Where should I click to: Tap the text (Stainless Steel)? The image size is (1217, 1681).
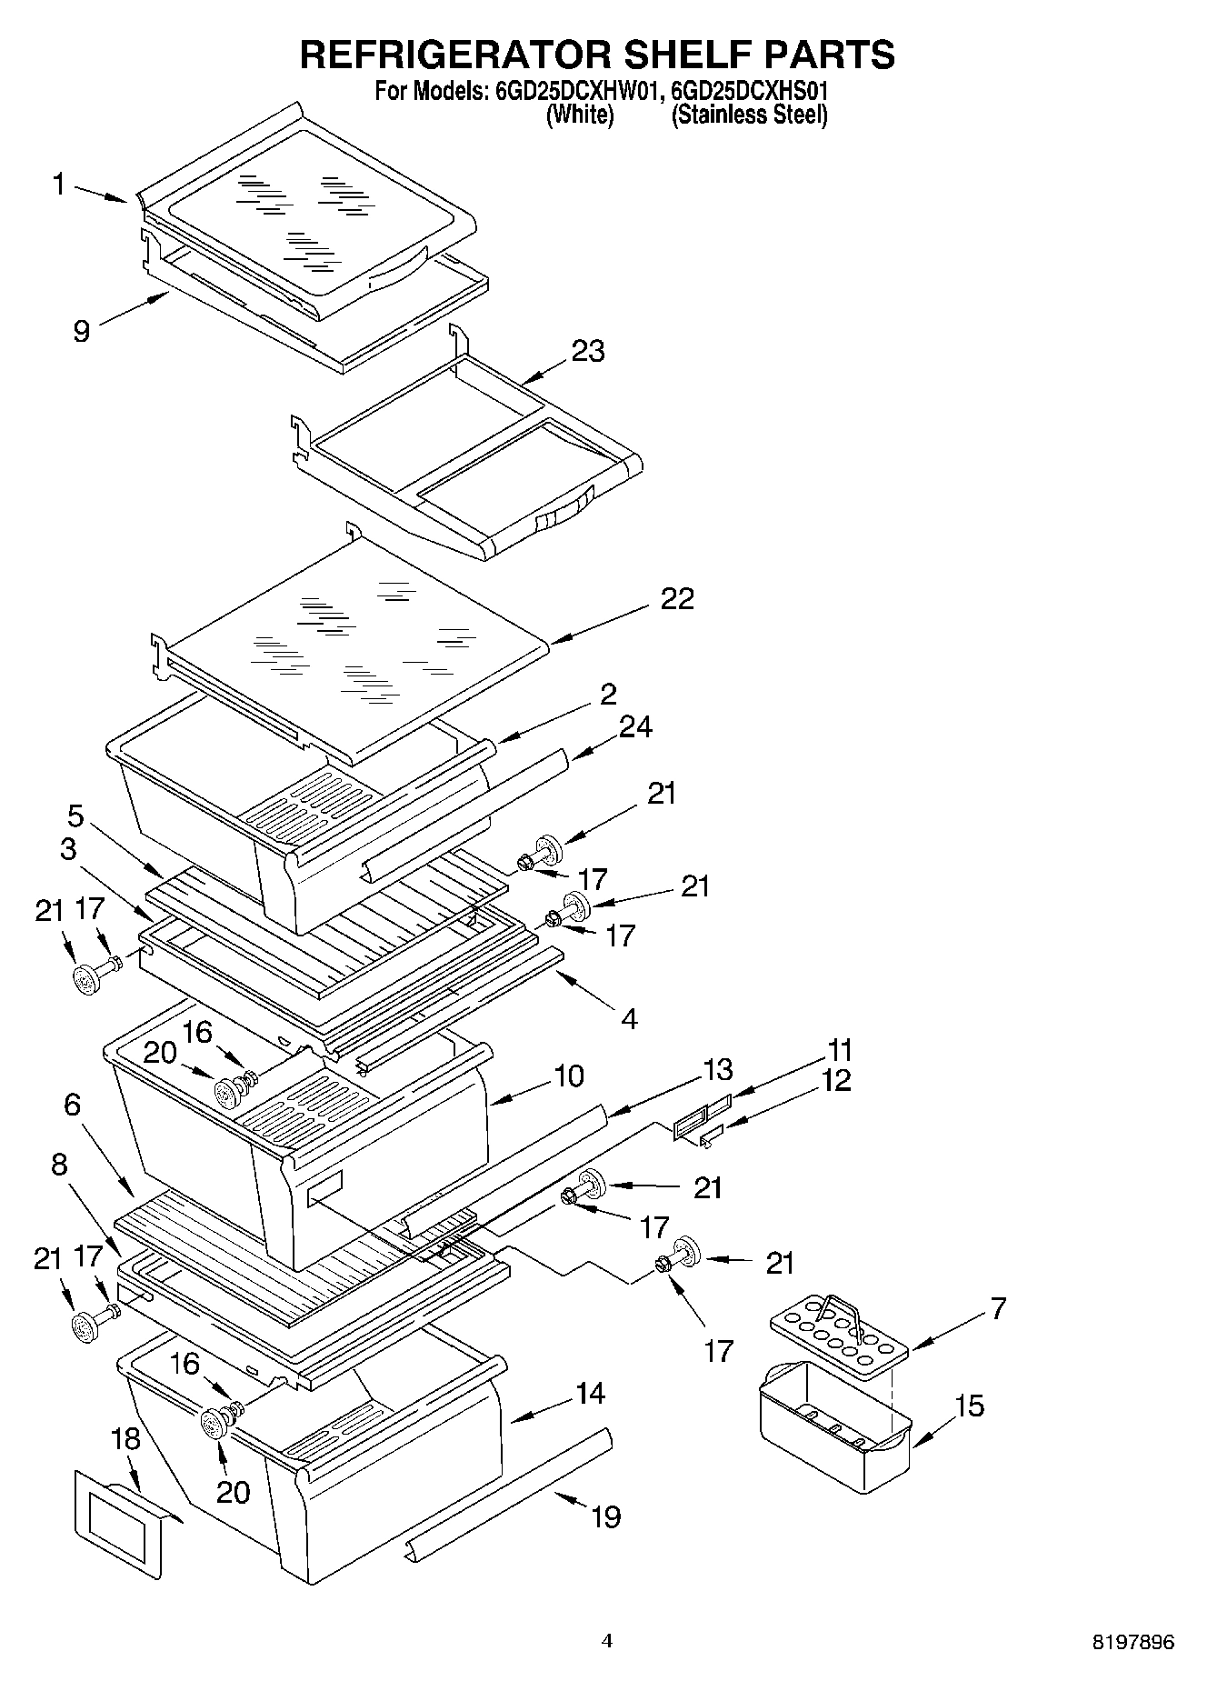click(x=749, y=115)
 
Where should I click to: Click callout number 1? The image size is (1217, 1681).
click(x=59, y=185)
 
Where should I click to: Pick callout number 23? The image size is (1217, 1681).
click(x=588, y=351)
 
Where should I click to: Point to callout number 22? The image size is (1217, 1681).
click(x=677, y=598)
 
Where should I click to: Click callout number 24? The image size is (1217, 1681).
click(x=635, y=727)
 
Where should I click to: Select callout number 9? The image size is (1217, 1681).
click(x=82, y=331)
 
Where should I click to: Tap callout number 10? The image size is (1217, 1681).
click(x=569, y=1076)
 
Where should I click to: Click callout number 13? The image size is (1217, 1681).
click(x=718, y=1069)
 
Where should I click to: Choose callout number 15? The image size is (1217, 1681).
click(x=970, y=1406)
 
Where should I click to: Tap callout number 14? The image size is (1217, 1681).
click(x=591, y=1393)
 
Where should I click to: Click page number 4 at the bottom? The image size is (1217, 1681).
click(x=607, y=1641)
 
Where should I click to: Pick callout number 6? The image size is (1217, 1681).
click(x=73, y=1106)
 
